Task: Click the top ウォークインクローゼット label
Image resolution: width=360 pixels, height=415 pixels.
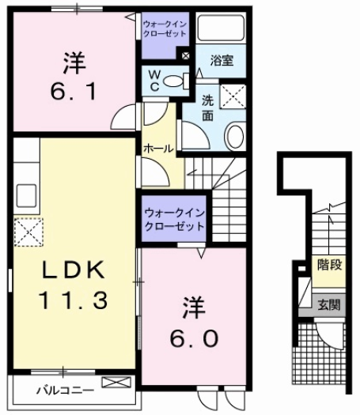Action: pos(165,31)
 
